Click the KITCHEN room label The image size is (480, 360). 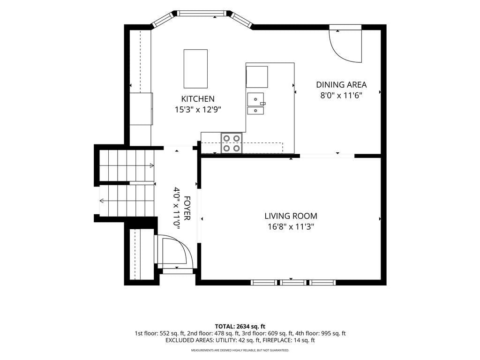[198, 99]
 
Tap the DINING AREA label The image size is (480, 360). [341, 84]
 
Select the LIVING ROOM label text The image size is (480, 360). [291, 216]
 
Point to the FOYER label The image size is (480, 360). [187, 208]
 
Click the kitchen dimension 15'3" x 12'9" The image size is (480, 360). [198, 109]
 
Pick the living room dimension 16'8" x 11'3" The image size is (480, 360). [291, 226]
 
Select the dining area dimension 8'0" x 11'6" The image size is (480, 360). [341, 95]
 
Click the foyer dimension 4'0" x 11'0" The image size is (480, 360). [177, 208]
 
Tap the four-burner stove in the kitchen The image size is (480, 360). [232, 143]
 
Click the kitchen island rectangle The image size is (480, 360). [195, 68]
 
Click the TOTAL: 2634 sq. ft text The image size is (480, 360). [240, 326]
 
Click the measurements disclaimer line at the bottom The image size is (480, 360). [240, 350]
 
